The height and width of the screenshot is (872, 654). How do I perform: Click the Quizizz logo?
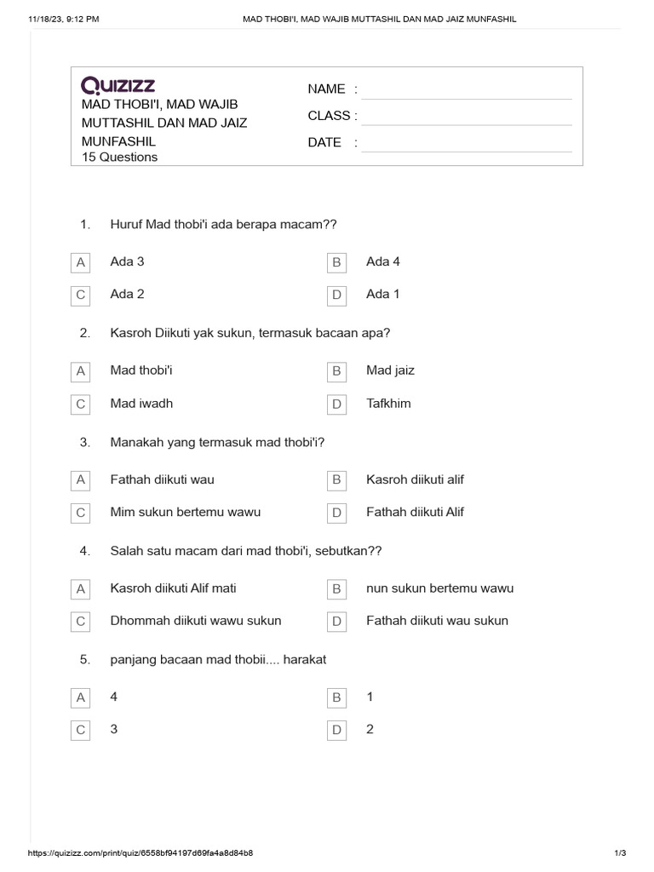[118, 85]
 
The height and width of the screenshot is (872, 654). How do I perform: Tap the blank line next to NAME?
[466, 90]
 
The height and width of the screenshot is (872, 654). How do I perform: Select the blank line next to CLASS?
[466, 117]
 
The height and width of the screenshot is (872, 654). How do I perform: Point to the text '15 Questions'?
[119, 157]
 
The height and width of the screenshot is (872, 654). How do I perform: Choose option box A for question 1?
[81, 262]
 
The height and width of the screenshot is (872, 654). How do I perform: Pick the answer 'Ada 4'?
[383, 261]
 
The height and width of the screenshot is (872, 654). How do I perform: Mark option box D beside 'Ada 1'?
[336, 295]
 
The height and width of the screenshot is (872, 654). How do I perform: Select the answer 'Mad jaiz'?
[390, 370]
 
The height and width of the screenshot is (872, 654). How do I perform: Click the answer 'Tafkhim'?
[388, 403]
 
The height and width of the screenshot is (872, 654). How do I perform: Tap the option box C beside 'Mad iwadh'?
[81, 404]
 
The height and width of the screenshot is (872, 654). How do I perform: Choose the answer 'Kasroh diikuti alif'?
[415, 479]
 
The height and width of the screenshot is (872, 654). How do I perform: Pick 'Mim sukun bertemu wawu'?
[186, 512]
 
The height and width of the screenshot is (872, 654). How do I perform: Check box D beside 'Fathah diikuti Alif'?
[336, 513]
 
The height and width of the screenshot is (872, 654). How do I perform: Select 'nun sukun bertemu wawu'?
[439, 588]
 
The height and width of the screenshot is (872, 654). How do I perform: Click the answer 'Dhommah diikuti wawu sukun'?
[196, 620]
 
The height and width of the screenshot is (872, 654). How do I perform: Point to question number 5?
[85, 659]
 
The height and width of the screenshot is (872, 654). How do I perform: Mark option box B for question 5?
[336, 697]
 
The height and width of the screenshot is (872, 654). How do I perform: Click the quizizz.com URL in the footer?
[141, 852]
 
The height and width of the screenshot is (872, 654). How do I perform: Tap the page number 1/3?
[620, 852]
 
